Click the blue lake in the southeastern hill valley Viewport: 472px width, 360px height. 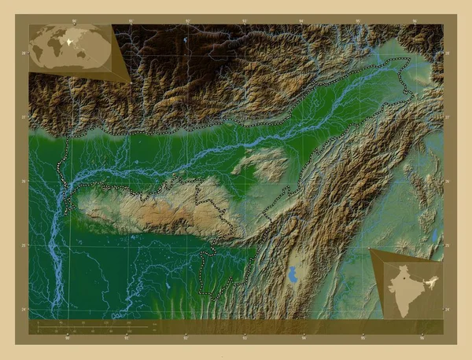coord(293,275)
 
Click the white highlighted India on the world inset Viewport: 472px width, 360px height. coord(70,37)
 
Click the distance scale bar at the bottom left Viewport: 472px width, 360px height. coord(94,323)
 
